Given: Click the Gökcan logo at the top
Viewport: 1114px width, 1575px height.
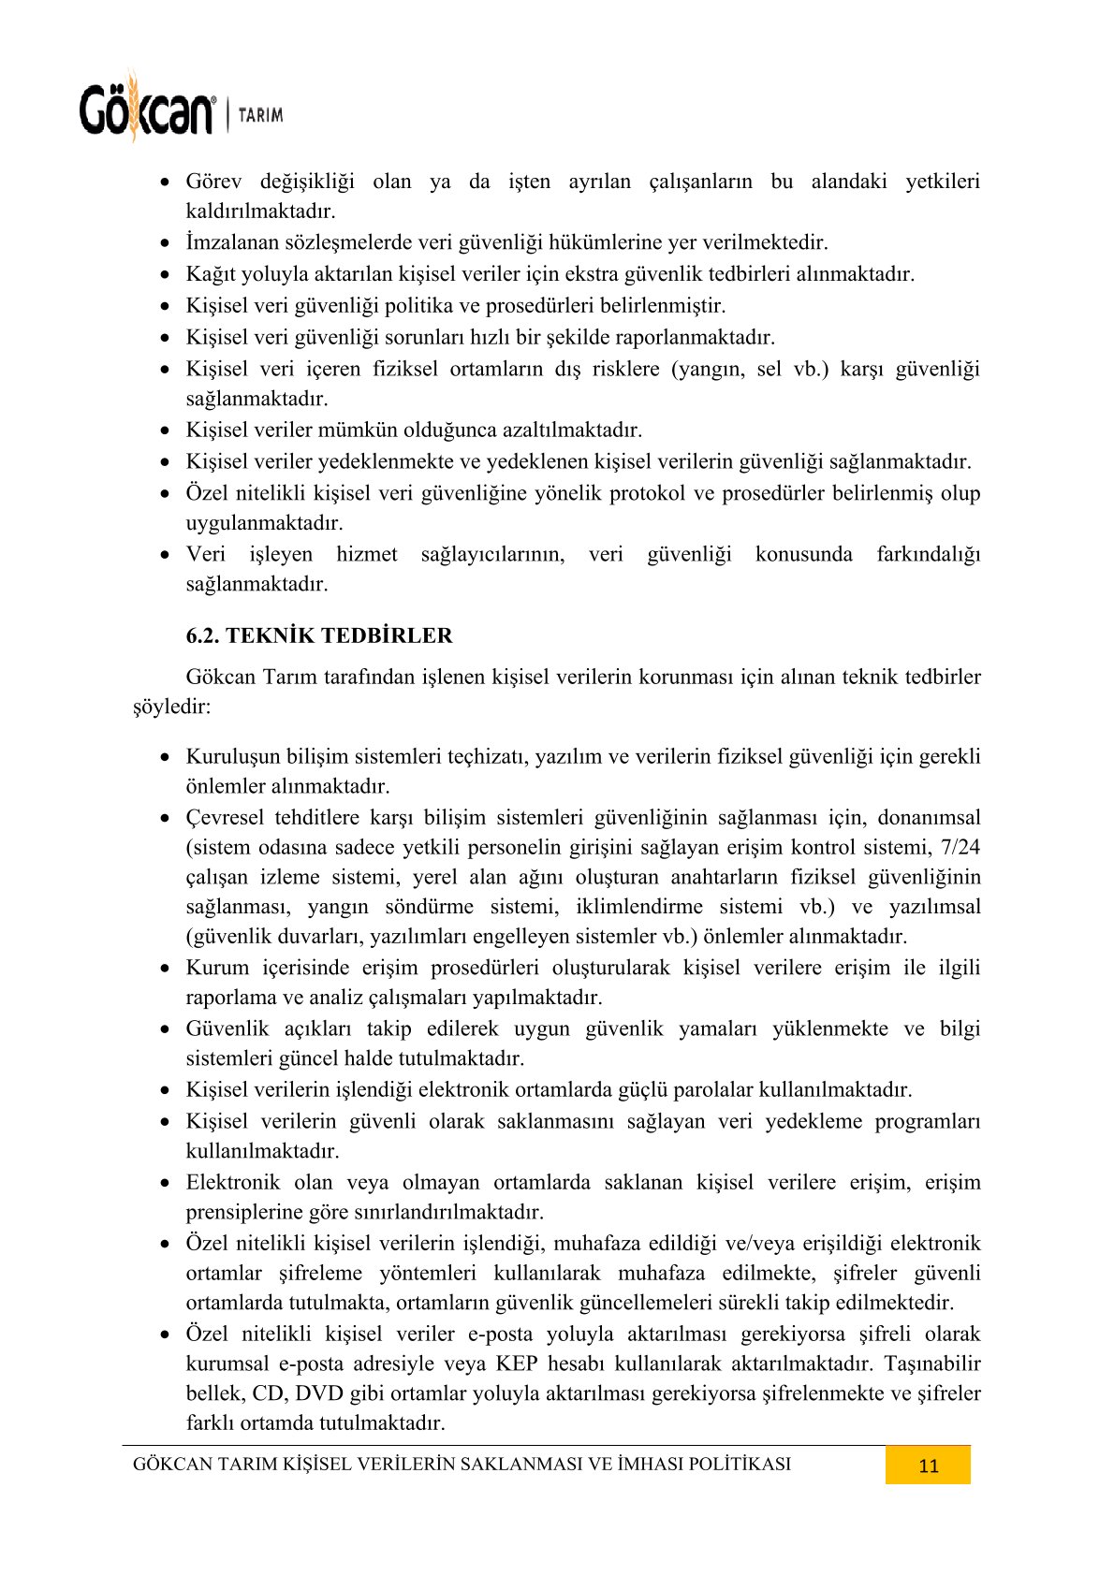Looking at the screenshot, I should (x=147, y=109).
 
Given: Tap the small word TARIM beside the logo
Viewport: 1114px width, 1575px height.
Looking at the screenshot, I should (x=260, y=115).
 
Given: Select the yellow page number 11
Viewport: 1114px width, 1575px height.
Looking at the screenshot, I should (x=928, y=1466).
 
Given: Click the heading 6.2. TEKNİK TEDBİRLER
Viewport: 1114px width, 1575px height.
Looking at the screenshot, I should (x=319, y=635).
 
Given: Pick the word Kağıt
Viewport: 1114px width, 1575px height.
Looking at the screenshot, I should (x=211, y=274).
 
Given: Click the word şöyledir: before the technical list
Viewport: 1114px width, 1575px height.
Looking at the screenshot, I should (x=172, y=707).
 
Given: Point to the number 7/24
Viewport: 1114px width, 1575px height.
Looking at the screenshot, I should (x=961, y=847).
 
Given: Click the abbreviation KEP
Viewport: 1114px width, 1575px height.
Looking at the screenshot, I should (x=517, y=1364).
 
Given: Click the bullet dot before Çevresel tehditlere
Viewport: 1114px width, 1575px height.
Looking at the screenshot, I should (x=165, y=819).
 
